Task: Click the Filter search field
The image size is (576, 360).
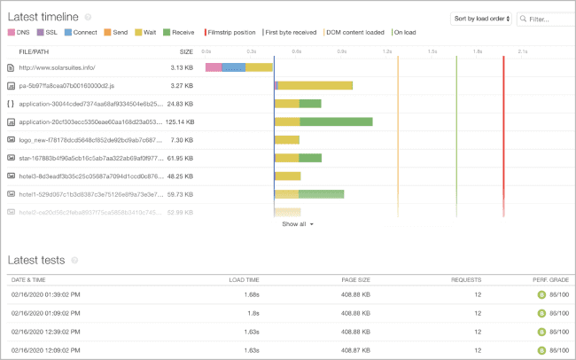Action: pos(548,18)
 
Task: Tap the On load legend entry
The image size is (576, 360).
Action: pos(405,32)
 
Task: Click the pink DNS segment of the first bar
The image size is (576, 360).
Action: pos(213,67)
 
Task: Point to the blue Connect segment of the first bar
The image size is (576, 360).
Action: pos(233,67)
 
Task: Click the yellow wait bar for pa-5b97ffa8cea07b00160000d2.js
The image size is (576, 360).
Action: pos(315,85)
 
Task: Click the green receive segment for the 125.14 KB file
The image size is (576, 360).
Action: pos(336,121)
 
